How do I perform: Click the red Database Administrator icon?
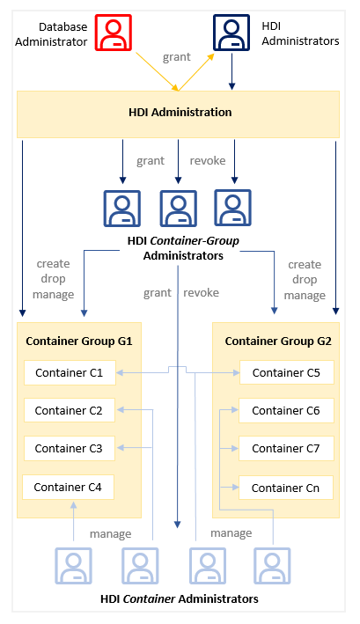pyautogui.click(x=114, y=33)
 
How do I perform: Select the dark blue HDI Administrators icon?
pyautogui.click(x=231, y=33)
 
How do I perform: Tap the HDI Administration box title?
pyautogui.click(x=180, y=113)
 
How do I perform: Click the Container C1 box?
pyautogui.click(x=70, y=373)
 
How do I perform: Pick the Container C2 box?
pyautogui.click(x=70, y=410)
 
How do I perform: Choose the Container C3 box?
pyautogui.click(x=70, y=449)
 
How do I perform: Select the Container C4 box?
pyautogui.click(x=68, y=487)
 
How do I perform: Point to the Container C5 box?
pyautogui.click(x=286, y=372)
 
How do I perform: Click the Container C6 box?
pyautogui.click(x=286, y=410)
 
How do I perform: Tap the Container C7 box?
pyautogui.click(x=286, y=449)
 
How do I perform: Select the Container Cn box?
pyautogui.click(x=285, y=488)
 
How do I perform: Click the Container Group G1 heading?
pyautogui.click(x=79, y=341)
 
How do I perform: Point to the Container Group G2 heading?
pyautogui.click(x=278, y=341)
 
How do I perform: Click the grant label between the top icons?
pyautogui.click(x=177, y=57)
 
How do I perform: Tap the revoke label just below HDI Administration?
pyautogui.click(x=208, y=160)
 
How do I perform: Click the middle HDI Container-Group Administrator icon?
pyautogui.click(x=178, y=208)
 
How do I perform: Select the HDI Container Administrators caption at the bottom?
pyautogui.click(x=180, y=599)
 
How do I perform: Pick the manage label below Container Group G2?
pyautogui.click(x=231, y=532)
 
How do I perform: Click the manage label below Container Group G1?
pyautogui.click(x=111, y=533)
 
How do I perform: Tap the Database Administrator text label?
pyautogui.click(x=51, y=34)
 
